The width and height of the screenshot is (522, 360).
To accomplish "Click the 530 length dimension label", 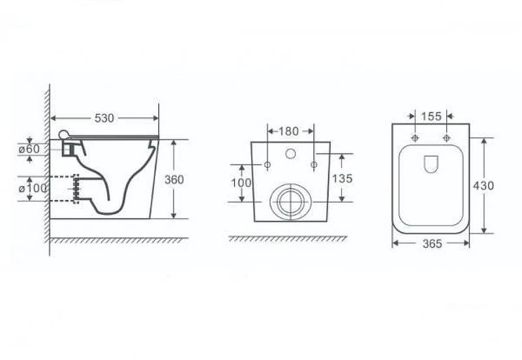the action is tap(104, 118).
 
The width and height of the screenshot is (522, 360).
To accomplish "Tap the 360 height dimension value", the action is tap(174, 179).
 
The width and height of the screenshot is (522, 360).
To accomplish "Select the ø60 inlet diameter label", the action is tap(29, 149).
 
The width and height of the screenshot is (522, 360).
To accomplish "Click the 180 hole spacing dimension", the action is tap(288, 132).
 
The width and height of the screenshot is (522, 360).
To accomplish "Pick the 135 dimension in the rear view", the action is tap(342, 179).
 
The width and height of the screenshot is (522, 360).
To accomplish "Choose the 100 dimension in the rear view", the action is tap(241, 183).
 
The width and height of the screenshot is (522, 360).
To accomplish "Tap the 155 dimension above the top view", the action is tap(431, 117).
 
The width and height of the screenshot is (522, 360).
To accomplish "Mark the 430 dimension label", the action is tap(484, 186).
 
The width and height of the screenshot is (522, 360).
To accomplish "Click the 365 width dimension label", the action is tap(432, 244).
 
